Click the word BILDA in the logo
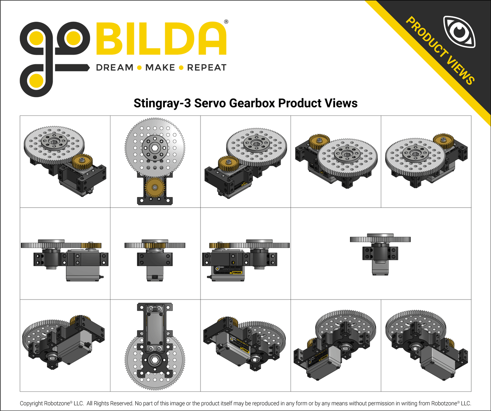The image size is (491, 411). (161, 39)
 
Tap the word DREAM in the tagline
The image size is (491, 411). (115, 68)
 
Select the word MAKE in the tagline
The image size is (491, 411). (160, 68)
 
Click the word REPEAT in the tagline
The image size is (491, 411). (207, 68)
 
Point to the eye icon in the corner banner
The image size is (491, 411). (459, 32)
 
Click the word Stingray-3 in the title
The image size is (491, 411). (162, 103)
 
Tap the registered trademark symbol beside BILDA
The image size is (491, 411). (226, 22)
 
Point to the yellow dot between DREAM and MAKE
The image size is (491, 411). (139, 68)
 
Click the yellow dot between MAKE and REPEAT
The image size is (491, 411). (181, 68)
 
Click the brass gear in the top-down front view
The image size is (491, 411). (155, 187)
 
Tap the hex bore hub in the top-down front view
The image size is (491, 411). (155, 148)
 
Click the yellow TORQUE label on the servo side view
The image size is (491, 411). (236, 272)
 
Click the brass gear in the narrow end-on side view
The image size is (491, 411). (155, 245)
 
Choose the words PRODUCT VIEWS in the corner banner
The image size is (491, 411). (440, 50)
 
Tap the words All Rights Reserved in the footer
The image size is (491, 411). (109, 404)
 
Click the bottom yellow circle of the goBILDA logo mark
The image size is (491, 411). (36, 81)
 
